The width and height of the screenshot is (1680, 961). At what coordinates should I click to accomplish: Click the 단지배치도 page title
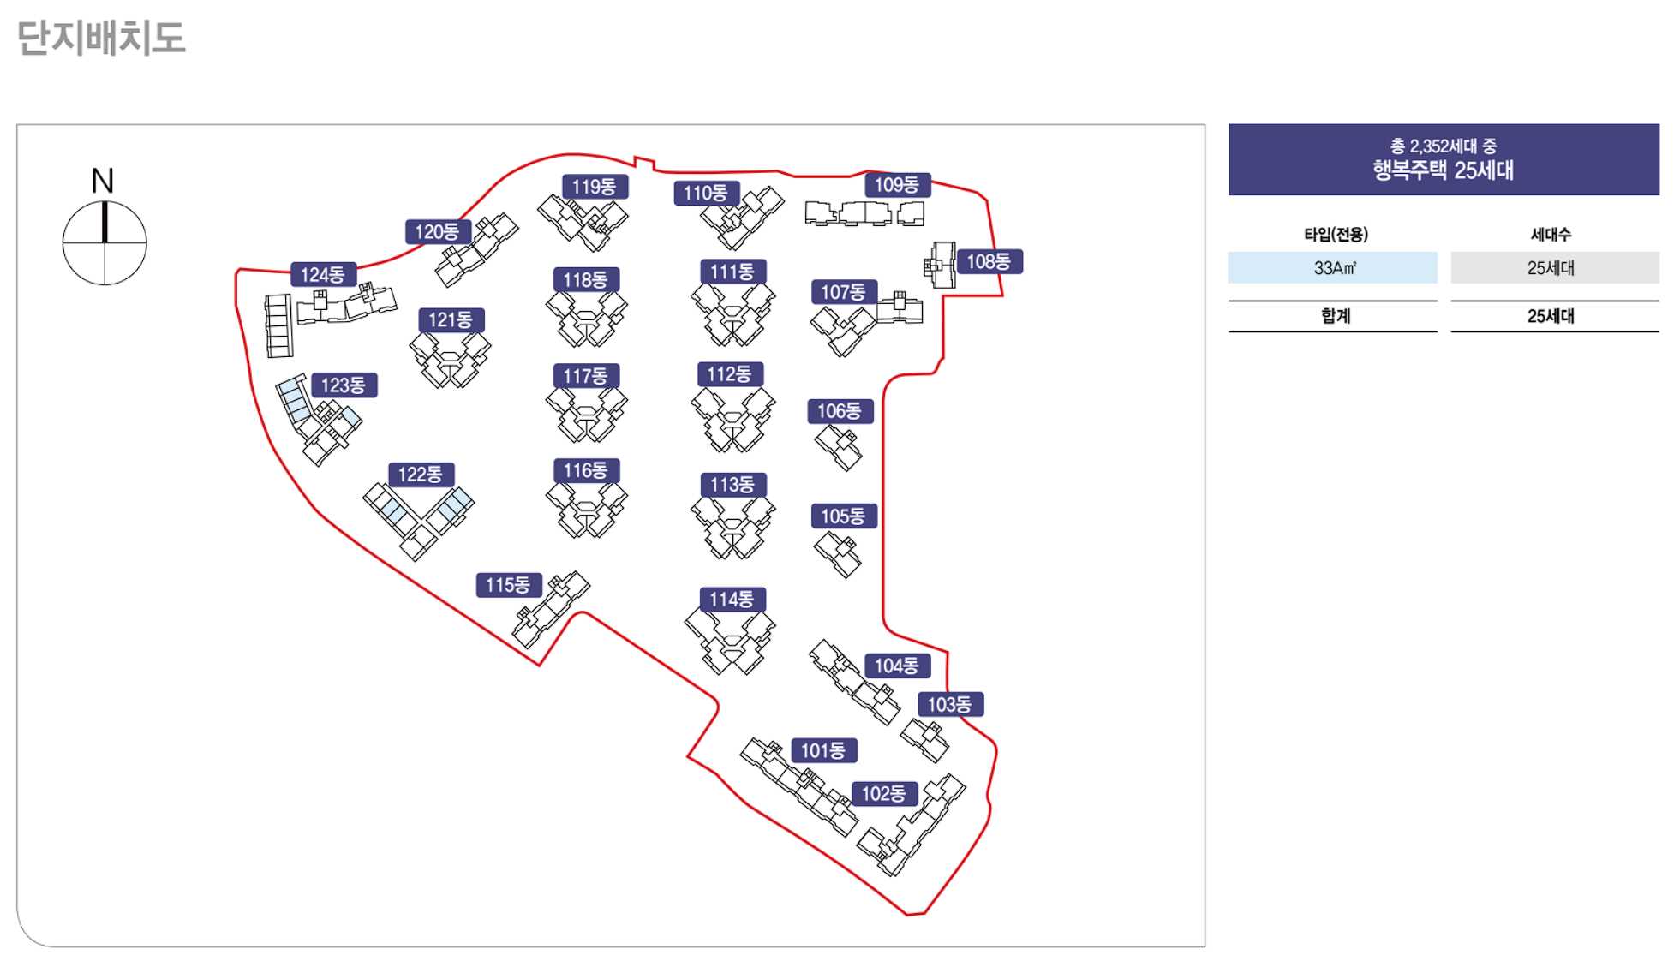pos(101,39)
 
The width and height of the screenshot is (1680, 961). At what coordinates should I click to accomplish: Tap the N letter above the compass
pos(103,181)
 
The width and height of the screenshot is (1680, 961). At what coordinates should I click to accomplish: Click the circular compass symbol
pos(105,243)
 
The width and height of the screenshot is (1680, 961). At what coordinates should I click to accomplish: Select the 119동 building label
pos(595,187)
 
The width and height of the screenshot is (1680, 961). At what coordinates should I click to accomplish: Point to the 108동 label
pos(989,261)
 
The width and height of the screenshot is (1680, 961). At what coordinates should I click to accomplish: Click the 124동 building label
pos(322,275)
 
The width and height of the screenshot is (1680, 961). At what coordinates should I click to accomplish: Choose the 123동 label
pos(344,385)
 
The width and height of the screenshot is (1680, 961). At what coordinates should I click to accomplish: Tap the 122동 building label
pos(420,475)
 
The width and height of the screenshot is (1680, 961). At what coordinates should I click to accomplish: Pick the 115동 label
pos(508,585)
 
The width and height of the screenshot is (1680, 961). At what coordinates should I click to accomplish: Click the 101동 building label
pos(823,751)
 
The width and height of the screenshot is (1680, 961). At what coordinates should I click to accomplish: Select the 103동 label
pos(950,705)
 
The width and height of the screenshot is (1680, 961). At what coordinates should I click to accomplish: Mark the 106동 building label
pos(840,411)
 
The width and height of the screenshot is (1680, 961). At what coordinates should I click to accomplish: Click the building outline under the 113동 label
pos(732,526)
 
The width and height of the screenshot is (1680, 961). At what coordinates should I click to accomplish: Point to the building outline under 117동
pos(587,415)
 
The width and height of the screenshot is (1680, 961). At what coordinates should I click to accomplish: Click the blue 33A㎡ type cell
pos(1332,268)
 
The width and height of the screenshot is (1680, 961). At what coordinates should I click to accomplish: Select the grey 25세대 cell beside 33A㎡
pos(1553,268)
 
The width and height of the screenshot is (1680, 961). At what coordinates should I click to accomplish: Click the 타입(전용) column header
pos(1336,234)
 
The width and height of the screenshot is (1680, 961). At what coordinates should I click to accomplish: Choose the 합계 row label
pos(1335,316)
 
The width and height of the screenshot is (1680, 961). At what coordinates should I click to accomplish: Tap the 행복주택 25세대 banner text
pos(1443,170)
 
